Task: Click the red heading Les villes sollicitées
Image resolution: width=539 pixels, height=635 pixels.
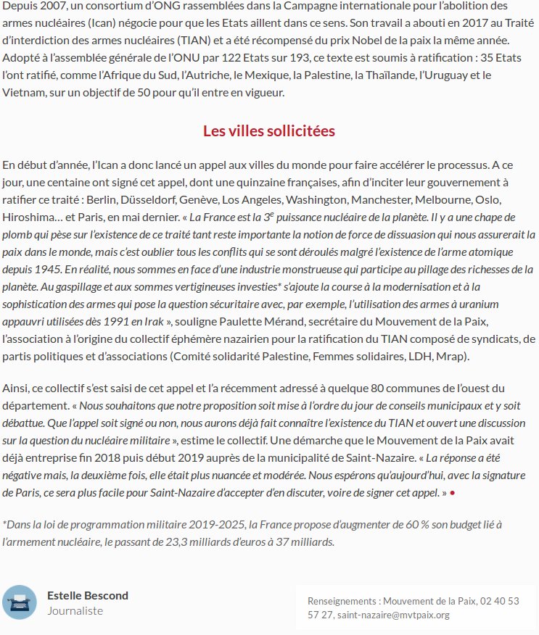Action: click(x=269, y=131)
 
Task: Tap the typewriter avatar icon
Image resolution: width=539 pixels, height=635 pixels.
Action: click(x=20, y=602)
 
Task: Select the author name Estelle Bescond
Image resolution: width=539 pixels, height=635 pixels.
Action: click(x=88, y=595)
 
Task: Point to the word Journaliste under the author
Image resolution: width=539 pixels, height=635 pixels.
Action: click(x=75, y=611)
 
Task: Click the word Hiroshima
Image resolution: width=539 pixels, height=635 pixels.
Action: click(x=30, y=217)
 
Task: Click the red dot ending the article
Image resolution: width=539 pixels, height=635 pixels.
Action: click(x=453, y=492)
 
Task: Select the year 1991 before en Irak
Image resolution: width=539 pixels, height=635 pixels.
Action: click(x=110, y=320)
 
